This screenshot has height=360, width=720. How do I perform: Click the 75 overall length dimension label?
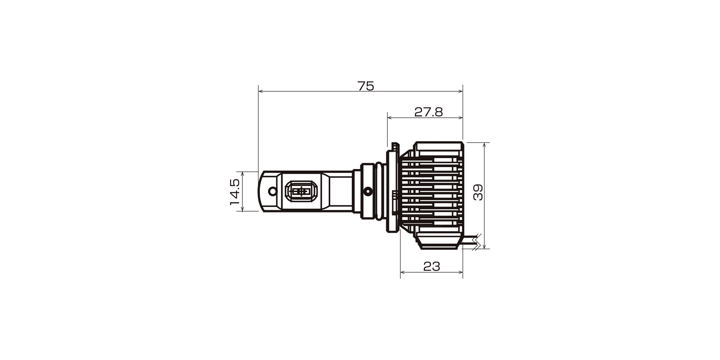[x=366, y=86]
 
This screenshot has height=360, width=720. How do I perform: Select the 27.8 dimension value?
[x=428, y=112]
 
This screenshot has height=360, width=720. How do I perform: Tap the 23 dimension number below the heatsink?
[x=432, y=266]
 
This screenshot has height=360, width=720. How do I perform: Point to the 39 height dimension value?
[x=478, y=192]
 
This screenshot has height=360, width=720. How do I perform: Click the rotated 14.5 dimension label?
[x=235, y=192]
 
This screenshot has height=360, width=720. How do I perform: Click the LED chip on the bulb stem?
[x=301, y=191]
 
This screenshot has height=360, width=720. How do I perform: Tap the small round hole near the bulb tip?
[x=272, y=191]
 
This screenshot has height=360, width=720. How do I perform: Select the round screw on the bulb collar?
[x=367, y=191]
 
